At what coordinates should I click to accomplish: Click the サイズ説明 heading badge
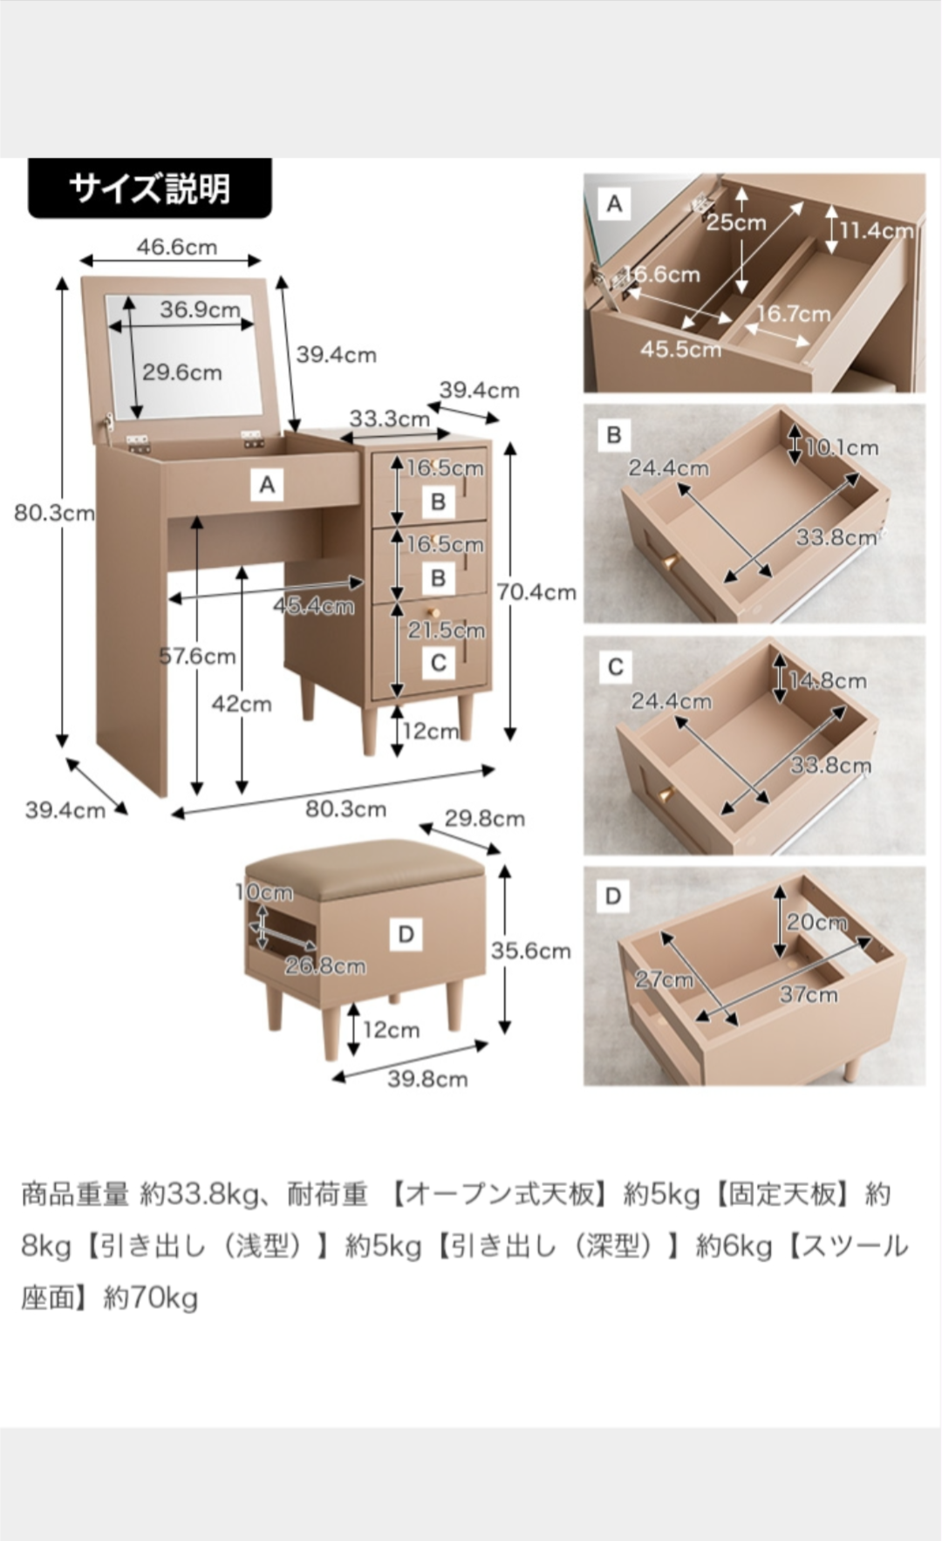[149, 188]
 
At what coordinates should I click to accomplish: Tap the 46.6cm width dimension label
[176, 247]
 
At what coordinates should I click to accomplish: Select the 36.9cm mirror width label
[200, 310]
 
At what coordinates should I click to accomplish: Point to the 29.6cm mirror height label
[181, 372]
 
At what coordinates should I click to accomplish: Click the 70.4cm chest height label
[536, 592]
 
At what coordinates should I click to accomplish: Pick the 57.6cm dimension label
[197, 656]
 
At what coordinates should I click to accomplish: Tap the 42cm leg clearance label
[242, 704]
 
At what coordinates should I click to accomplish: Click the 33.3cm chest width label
[389, 419]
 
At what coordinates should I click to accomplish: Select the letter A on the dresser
[267, 485]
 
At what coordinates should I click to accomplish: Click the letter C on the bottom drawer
[439, 663]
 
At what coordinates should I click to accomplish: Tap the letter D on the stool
[406, 935]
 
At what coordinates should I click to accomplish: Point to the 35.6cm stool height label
[530, 951]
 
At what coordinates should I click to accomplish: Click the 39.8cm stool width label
[427, 1079]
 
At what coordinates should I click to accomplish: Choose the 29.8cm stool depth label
[484, 818]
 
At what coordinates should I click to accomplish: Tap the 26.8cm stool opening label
[324, 965]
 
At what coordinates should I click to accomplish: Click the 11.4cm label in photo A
[876, 230]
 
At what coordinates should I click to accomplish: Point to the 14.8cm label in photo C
[827, 680]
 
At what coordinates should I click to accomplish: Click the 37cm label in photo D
[808, 994]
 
